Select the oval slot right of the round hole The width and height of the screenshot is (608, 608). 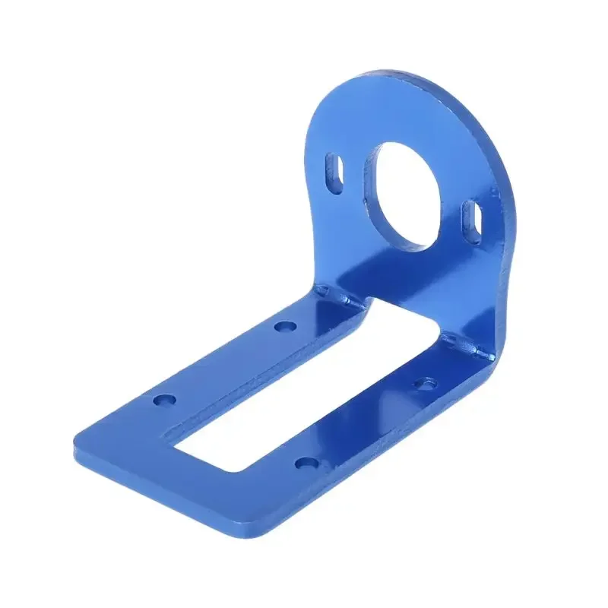point(471,220)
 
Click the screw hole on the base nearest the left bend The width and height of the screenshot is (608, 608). point(285,327)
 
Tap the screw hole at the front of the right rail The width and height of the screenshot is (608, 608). point(306,463)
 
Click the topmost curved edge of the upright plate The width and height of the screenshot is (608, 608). point(395,76)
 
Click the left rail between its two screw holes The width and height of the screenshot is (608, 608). point(224,363)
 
